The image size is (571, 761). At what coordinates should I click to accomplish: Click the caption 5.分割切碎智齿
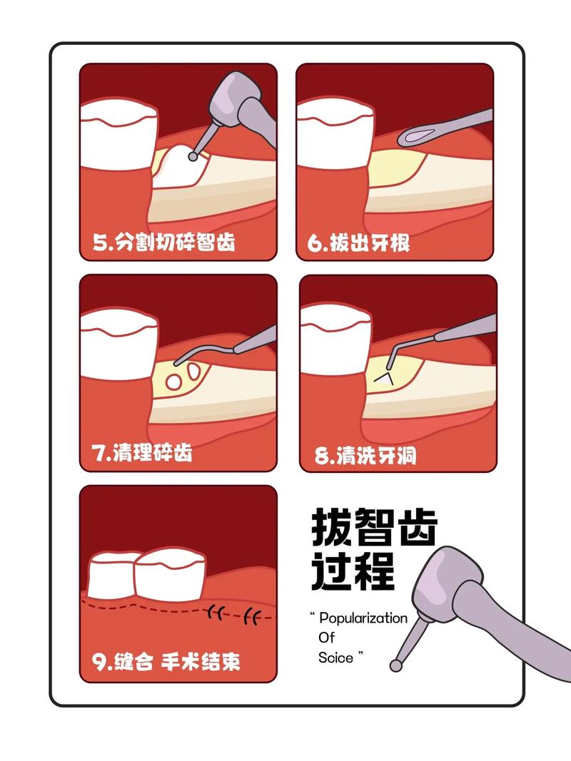(x=164, y=242)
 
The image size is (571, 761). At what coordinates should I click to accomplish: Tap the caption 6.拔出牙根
(x=359, y=243)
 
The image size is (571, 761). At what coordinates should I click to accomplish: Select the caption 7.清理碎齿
(x=142, y=453)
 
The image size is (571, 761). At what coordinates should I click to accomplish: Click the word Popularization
(x=363, y=618)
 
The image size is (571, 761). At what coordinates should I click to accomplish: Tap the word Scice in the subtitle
(x=336, y=657)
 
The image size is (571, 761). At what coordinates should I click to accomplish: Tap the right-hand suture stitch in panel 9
(x=251, y=614)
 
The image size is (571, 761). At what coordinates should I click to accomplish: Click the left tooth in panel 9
(x=111, y=574)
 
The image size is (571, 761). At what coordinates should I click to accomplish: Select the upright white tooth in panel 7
(x=118, y=349)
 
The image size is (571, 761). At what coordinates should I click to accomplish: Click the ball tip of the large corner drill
(x=395, y=665)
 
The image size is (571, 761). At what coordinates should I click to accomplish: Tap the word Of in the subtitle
(x=326, y=637)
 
